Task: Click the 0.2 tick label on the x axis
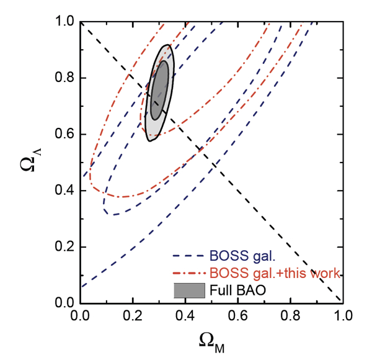click(132, 317)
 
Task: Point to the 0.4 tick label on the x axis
click(184, 317)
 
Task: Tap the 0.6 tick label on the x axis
click(236, 317)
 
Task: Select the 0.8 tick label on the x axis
click(288, 317)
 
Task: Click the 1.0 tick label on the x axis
click(340, 317)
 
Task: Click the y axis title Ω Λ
click(28, 163)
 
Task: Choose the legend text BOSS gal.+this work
click(276, 272)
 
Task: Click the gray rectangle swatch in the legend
click(189, 289)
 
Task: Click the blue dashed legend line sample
click(189, 255)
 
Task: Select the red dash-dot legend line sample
click(189, 272)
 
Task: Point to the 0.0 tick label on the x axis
click(80, 317)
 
